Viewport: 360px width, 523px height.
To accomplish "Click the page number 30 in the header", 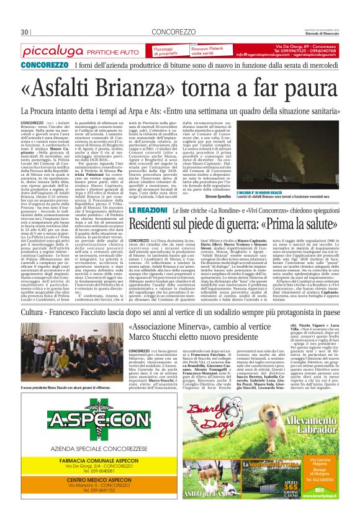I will (x=25, y=32).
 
